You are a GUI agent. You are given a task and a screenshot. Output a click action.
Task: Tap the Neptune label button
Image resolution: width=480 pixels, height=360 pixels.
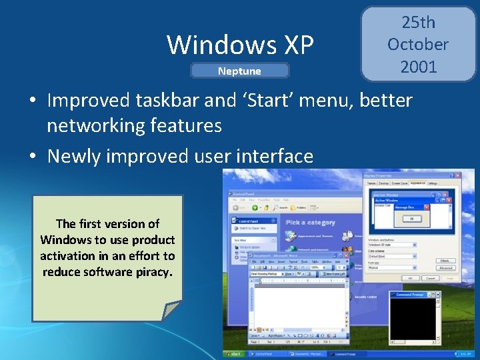[x=240, y=71]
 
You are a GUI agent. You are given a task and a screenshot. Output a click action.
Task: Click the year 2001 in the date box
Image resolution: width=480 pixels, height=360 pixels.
[x=418, y=67]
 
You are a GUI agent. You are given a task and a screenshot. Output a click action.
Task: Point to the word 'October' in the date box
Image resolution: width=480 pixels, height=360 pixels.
[x=418, y=45]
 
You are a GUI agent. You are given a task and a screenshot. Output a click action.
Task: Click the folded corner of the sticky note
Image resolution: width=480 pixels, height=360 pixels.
[x=171, y=311]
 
